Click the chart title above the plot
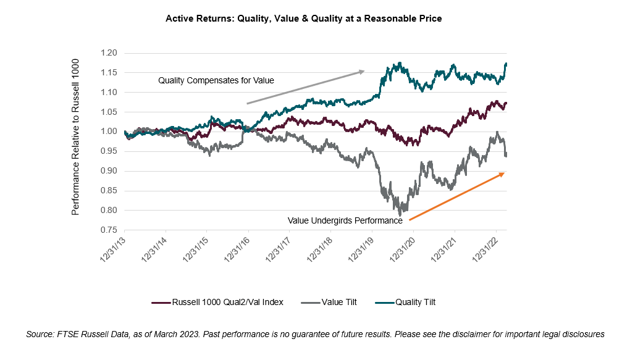[303, 19]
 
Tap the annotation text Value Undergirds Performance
[345, 220]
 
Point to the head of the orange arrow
[504, 174]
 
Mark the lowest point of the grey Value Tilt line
[400, 214]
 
